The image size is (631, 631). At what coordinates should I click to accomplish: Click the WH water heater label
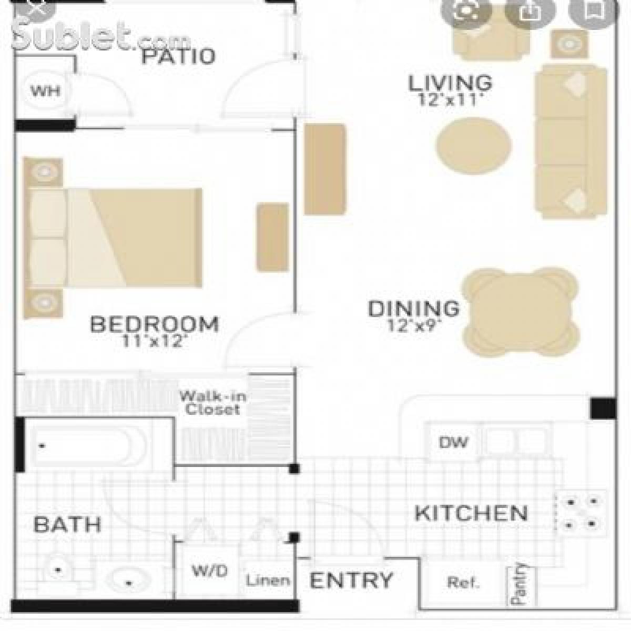click(45, 91)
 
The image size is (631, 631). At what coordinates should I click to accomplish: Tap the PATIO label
click(178, 56)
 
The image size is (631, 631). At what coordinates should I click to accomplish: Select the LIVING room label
click(450, 83)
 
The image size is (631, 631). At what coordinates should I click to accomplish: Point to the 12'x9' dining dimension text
click(414, 326)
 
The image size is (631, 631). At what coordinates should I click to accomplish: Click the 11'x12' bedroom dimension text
click(154, 341)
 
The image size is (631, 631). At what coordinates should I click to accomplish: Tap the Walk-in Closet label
click(212, 402)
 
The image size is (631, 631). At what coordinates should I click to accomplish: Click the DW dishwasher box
click(453, 442)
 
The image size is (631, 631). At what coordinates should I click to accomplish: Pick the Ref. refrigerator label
click(463, 582)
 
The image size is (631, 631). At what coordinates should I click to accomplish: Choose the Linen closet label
click(268, 581)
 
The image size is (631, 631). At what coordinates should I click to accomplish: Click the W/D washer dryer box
click(209, 571)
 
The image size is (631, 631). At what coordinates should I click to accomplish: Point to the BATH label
click(67, 524)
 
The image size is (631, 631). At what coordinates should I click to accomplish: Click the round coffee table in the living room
click(474, 144)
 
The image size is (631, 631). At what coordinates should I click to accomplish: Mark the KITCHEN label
click(471, 513)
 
